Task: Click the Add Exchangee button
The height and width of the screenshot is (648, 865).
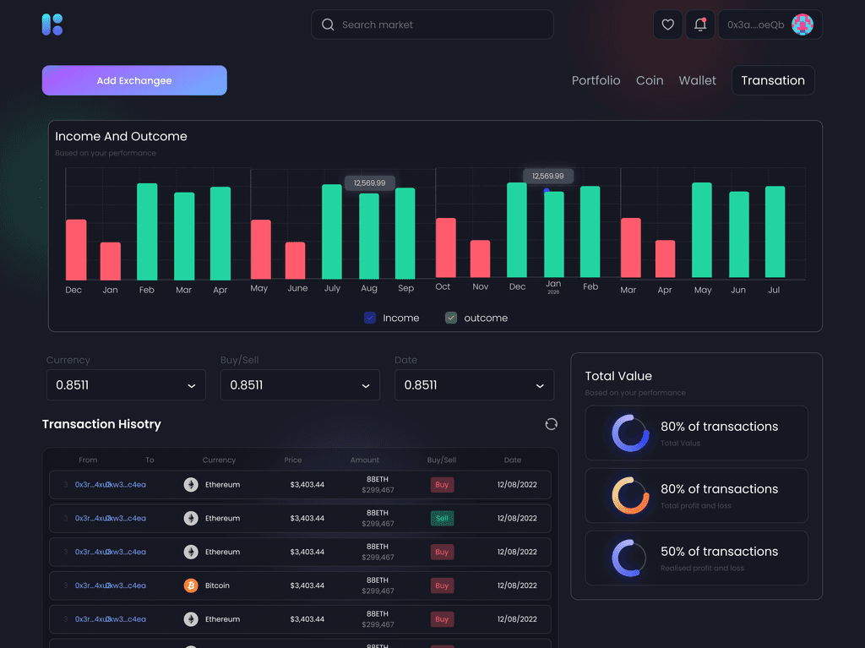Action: point(134,80)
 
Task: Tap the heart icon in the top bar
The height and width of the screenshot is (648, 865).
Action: point(667,25)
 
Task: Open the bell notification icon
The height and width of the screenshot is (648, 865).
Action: point(700,25)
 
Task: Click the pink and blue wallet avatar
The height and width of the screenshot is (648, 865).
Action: point(802,25)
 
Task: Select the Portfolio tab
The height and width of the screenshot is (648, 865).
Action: point(596,80)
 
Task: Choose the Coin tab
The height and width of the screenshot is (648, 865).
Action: point(650,80)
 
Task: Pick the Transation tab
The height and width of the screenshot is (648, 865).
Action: point(773,80)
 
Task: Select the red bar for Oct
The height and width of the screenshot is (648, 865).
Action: point(445,248)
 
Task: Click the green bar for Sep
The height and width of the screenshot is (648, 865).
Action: point(405,232)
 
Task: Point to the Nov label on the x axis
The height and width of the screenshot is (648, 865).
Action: point(481,287)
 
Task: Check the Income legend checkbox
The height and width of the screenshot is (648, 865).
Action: point(370,318)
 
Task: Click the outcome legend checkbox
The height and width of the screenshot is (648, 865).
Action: point(451,318)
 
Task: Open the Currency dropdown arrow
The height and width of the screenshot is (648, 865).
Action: point(191,385)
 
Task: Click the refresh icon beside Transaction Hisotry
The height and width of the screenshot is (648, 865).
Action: point(552,424)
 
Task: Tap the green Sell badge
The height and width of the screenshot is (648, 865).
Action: point(442,518)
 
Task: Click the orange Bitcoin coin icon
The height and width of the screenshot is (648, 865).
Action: point(191,585)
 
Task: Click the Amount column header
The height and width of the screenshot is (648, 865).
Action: point(365,460)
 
